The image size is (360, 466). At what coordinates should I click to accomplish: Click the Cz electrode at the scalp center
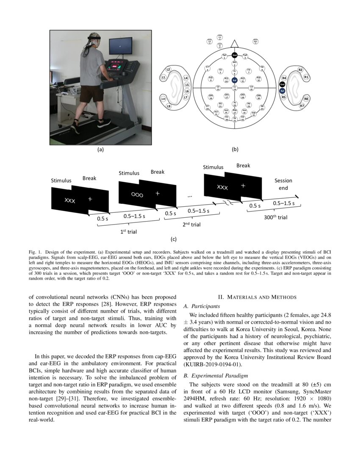pos(234,87)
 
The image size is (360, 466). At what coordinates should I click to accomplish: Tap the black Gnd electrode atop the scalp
pos(234,55)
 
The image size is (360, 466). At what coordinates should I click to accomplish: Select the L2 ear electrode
pos(168,69)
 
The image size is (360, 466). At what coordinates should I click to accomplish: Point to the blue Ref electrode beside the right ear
pos(282,91)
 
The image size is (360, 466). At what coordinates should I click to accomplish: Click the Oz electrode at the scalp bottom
pos(235,119)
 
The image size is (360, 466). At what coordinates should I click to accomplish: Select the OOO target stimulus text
pos(137,195)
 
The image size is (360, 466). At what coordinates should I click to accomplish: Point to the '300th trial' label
pos(276,217)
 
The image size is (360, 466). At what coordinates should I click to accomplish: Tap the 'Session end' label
pos(283,184)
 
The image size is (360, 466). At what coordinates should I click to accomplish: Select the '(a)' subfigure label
pos(100,149)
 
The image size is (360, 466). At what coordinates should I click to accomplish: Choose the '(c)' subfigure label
pos(173,239)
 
